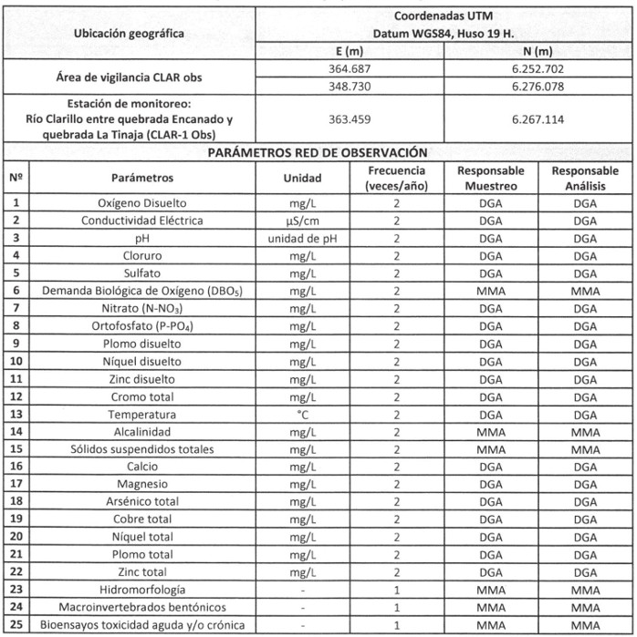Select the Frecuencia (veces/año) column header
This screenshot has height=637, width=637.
(396, 178)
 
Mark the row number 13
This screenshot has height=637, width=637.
(16, 415)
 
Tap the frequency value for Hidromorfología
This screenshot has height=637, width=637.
(396, 590)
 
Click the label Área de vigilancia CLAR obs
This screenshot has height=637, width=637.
(128, 77)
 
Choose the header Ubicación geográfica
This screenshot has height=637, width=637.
(128, 35)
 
